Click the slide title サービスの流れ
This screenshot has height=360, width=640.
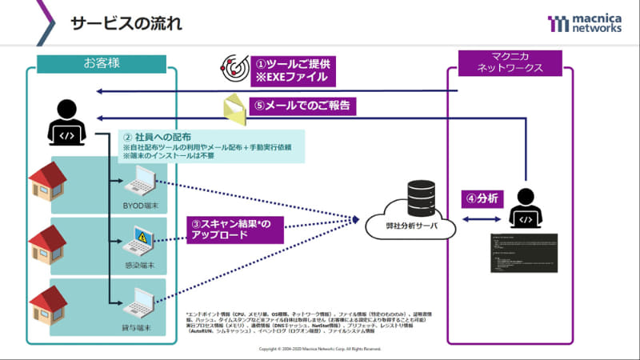126,23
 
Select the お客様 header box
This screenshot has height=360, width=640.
100,62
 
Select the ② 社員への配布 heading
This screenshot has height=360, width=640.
156,136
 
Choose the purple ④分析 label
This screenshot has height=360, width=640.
482,198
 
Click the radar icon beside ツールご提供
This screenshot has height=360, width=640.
232,70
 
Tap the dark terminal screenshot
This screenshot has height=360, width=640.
523,255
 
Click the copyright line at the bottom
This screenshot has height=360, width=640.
320,350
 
